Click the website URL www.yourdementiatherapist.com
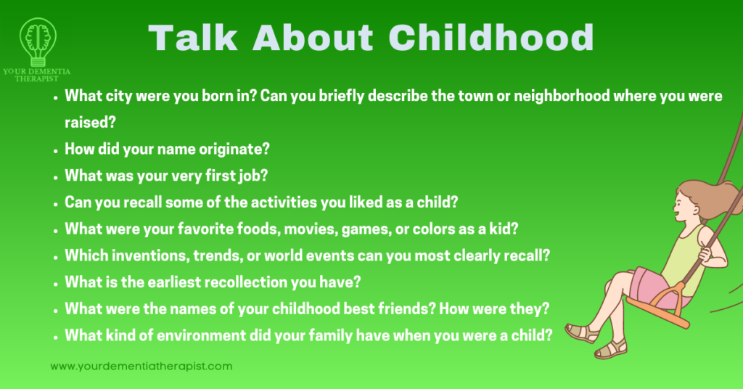pos(141,366)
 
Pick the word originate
pos(234,148)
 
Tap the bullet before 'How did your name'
pos(56,150)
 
